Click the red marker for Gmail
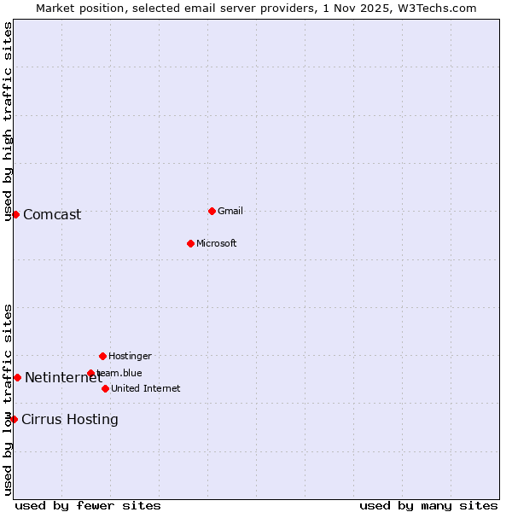coord(212,211)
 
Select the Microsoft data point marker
coord(190,243)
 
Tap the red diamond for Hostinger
coord(102,356)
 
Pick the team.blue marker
coord(90,373)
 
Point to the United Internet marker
coord(105,388)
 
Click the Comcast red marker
coord(15,214)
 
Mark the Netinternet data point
coord(17,377)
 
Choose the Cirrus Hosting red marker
coord(14,419)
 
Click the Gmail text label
coord(230,211)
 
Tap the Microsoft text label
coord(217,243)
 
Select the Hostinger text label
coord(130,356)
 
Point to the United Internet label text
coord(146,388)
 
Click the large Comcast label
coord(52,214)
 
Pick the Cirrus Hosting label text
coord(70,419)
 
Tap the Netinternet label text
coord(63,377)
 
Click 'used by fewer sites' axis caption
coord(88,505)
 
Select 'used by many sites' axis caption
coord(428,505)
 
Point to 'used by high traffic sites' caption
coord(8,121)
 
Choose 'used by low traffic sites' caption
coord(8,399)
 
